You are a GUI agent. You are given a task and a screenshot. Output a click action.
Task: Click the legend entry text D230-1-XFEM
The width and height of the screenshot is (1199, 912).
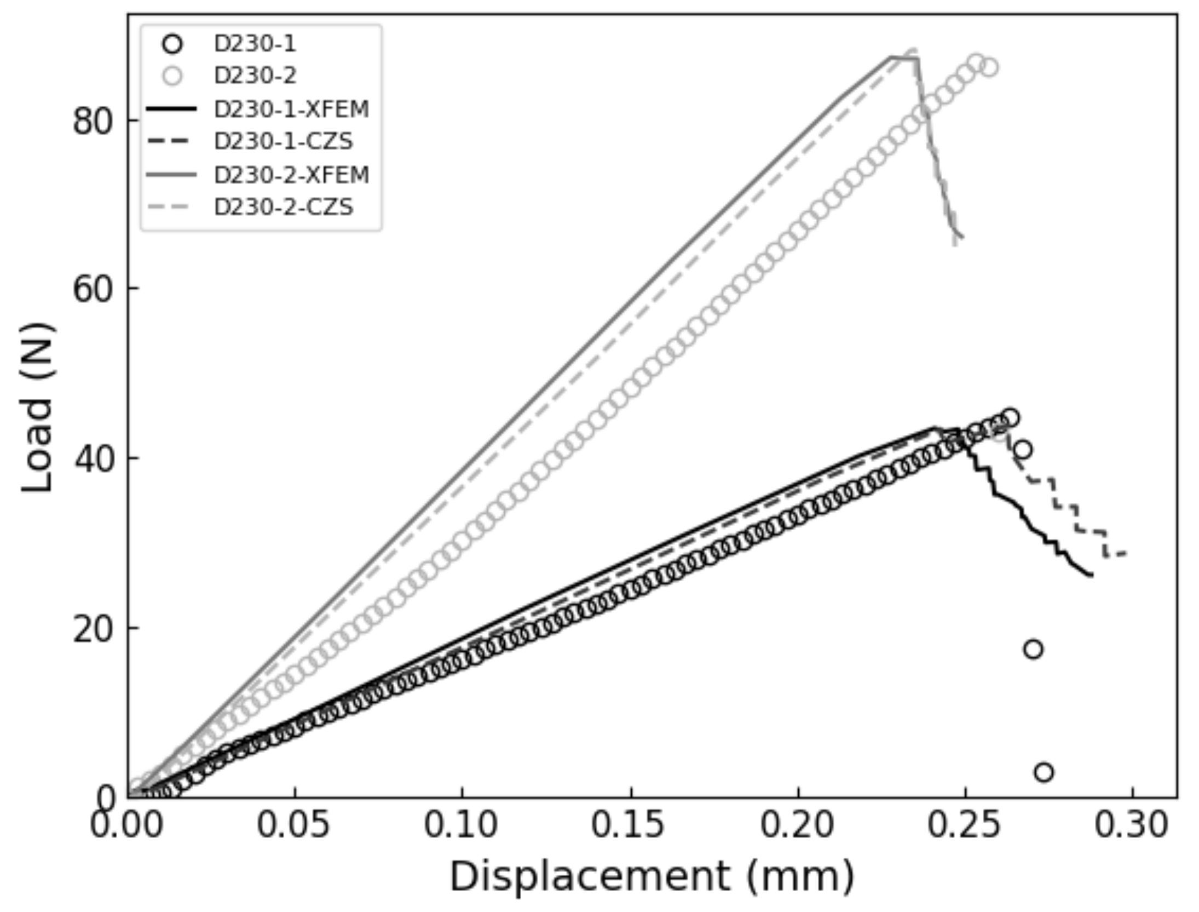[291, 110]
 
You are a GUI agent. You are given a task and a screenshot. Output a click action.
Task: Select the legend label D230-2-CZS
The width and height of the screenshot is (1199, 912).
[284, 207]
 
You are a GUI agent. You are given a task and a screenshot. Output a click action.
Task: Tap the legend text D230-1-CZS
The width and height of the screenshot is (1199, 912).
[284, 142]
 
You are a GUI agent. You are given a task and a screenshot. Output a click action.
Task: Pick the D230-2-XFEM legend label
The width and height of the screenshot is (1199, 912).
[291, 175]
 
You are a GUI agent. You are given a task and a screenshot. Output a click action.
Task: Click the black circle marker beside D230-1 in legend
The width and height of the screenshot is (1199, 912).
[172, 44]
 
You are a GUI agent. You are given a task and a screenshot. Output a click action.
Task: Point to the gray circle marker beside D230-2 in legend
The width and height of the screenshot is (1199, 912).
[172, 76]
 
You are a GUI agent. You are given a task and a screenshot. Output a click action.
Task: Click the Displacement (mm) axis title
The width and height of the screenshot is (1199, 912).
[652, 877]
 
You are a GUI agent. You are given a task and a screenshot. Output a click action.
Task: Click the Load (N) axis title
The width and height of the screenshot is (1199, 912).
[37, 408]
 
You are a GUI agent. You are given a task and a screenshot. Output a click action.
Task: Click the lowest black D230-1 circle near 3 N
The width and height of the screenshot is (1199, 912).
[1044, 772]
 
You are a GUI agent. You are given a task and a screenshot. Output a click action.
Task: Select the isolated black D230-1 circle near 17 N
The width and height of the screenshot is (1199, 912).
[1033, 650]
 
